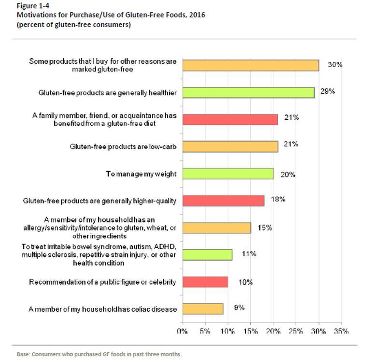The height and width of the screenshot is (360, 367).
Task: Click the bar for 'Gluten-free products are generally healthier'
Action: [x=248, y=93]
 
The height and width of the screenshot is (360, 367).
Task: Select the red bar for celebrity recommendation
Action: [x=205, y=282]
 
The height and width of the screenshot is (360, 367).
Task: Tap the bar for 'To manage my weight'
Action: [x=227, y=173]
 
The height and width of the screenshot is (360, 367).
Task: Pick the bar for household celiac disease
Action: [x=202, y=309]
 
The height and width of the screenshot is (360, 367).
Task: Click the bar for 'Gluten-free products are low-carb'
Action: [x=230, y=146]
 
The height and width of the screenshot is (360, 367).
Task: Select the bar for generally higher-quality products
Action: [x=223, y=201]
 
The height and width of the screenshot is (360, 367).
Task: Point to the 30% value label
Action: [x=335, y=64]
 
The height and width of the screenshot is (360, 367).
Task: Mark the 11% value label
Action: [x=249, y=254]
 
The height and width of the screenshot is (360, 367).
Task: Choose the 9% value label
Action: [x=239, y=307]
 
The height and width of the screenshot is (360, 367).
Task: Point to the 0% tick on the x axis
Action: [x=182, y=331]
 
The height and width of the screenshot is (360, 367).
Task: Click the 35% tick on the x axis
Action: [x=341, y=331]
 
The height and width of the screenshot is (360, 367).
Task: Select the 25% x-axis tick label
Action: [x=296, y=331]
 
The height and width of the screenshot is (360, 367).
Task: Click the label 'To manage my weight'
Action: [x=141, y=173]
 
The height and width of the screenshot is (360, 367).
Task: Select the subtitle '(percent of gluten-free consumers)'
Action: [x=73, y=25]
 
